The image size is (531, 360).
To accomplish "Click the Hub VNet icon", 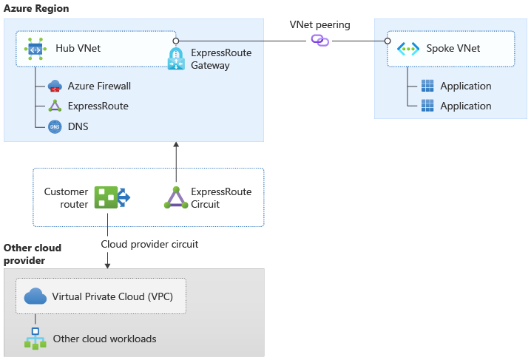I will point(35,49).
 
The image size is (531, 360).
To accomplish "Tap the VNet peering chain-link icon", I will point(319,40).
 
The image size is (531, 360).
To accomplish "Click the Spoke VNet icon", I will point(408,49).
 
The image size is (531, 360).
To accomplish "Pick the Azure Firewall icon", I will point(55,86).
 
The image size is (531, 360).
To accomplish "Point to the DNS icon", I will point(55,126).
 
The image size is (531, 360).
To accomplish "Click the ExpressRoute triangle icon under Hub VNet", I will point(55,106).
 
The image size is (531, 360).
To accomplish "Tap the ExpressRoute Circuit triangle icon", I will point(176,197).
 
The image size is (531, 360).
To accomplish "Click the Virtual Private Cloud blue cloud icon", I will point(35,297).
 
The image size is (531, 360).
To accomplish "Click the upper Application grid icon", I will point(427,86).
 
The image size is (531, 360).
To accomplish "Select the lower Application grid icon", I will point(427,106).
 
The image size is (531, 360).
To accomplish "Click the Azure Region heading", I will point(36,8).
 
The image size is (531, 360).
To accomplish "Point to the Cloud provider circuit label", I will point(149,244).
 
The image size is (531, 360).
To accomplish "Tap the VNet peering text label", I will point(319,24).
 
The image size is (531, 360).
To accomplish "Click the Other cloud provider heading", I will point(33,254).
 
